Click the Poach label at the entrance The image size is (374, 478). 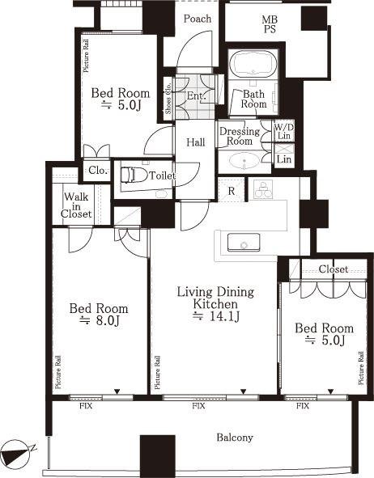[x=198, y=19]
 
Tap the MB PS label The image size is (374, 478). [x=270, y=24]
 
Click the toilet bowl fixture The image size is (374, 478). [x=132, y=176]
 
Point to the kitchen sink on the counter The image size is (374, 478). [x=244, y=243]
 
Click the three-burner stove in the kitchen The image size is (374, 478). [x=262, y=189]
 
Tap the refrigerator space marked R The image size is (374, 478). [x=232, y=191]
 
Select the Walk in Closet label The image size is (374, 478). [x=76, y=205]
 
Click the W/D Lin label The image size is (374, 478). [x=284, y=131]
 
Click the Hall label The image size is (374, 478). [x=196, y=142]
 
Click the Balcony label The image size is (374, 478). [x=235, y=438]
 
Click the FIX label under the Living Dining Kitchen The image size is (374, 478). [x=198, y=406]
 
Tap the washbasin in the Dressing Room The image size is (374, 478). [x=244, y=160]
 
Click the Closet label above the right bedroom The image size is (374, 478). [x=334, y=269]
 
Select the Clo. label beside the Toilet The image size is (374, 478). [x=98, y=171]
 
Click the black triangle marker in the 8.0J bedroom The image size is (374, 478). [x=117, y=391]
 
